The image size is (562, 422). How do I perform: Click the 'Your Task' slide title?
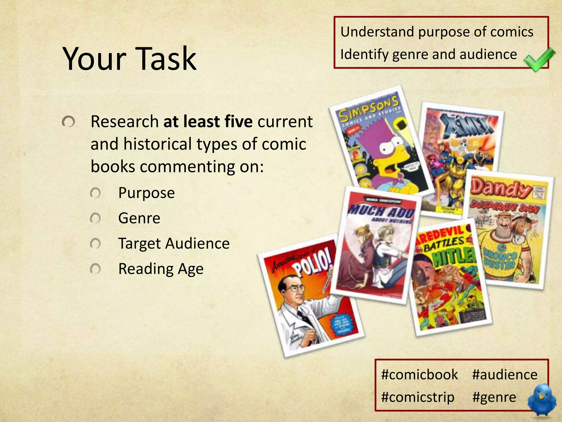click(130, 59)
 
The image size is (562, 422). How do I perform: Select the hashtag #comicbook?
click(420, 374)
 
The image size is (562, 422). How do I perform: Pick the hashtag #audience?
click(505, 374)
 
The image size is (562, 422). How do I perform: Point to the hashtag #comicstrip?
click(418, 397)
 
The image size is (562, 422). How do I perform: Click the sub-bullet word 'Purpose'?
click(146, 193)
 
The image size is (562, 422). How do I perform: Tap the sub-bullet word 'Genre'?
click(139, 218)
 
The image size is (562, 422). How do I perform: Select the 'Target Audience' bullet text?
click(174, 243)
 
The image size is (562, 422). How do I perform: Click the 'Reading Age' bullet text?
click(161, 269)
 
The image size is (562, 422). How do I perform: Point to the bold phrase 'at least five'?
click(208, 121)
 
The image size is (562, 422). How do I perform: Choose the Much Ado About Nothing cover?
click(376, 245)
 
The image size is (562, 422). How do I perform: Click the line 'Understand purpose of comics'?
click(437, 32)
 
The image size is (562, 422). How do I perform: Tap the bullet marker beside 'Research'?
click(68, 122)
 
